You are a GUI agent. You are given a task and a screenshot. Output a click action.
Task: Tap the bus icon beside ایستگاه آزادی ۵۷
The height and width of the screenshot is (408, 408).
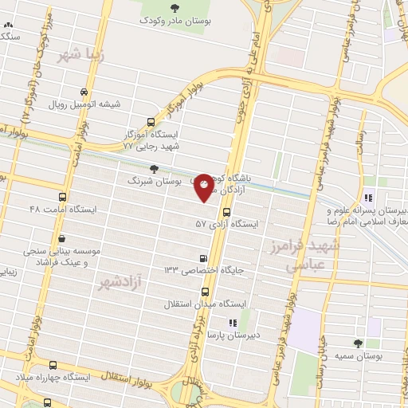227,212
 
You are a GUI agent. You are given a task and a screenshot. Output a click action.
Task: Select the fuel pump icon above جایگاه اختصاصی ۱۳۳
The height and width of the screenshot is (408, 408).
205,257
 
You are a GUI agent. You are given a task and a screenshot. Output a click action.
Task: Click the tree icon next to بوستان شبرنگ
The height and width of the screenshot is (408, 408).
154,169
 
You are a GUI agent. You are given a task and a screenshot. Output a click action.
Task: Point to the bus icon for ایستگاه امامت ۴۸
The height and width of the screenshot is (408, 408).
18,210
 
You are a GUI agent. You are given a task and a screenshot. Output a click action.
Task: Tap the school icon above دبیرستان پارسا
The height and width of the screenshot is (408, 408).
233,323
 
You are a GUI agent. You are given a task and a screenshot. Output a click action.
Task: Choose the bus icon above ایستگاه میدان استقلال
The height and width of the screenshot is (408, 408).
205,291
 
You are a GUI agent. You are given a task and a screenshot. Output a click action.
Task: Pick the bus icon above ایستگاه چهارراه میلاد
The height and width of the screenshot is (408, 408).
53,363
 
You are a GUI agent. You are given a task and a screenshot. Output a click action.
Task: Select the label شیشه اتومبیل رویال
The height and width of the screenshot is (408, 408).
84,104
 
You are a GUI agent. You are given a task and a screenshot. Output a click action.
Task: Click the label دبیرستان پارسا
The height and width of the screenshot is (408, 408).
233,336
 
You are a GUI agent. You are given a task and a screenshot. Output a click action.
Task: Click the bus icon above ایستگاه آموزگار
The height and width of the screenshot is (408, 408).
151,122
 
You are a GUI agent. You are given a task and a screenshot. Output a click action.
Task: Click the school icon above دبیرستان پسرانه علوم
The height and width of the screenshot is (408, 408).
368,198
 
